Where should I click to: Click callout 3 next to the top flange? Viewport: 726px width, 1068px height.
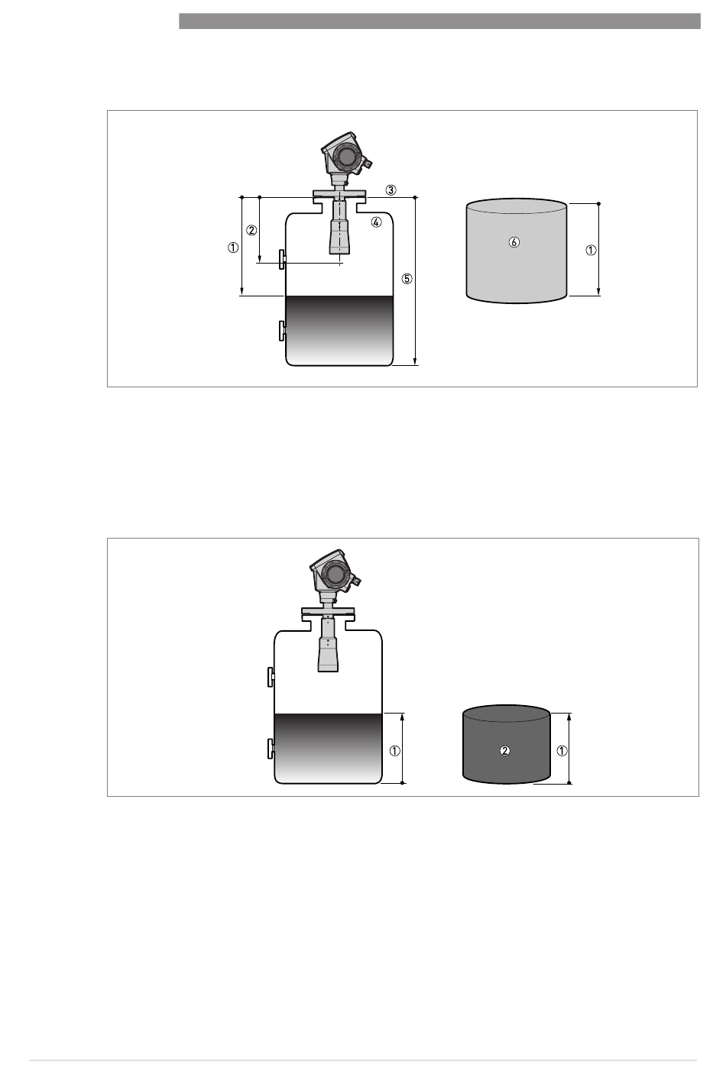pos(391,190)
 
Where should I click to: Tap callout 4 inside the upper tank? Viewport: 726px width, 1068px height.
pos(376,222)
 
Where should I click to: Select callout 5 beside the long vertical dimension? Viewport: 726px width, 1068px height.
pos(407,278)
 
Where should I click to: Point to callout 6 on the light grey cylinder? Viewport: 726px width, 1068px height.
pos(514,242)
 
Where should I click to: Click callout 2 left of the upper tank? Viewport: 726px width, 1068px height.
pos(251,230)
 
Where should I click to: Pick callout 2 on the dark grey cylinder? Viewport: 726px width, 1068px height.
pos(504,751)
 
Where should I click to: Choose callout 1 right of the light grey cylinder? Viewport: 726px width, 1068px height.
pos(591,251)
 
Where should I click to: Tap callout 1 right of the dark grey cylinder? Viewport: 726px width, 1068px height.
pos(562,751)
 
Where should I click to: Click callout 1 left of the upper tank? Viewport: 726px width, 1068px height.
pos(233,248)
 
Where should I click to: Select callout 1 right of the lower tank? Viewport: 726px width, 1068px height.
pos(395,751)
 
